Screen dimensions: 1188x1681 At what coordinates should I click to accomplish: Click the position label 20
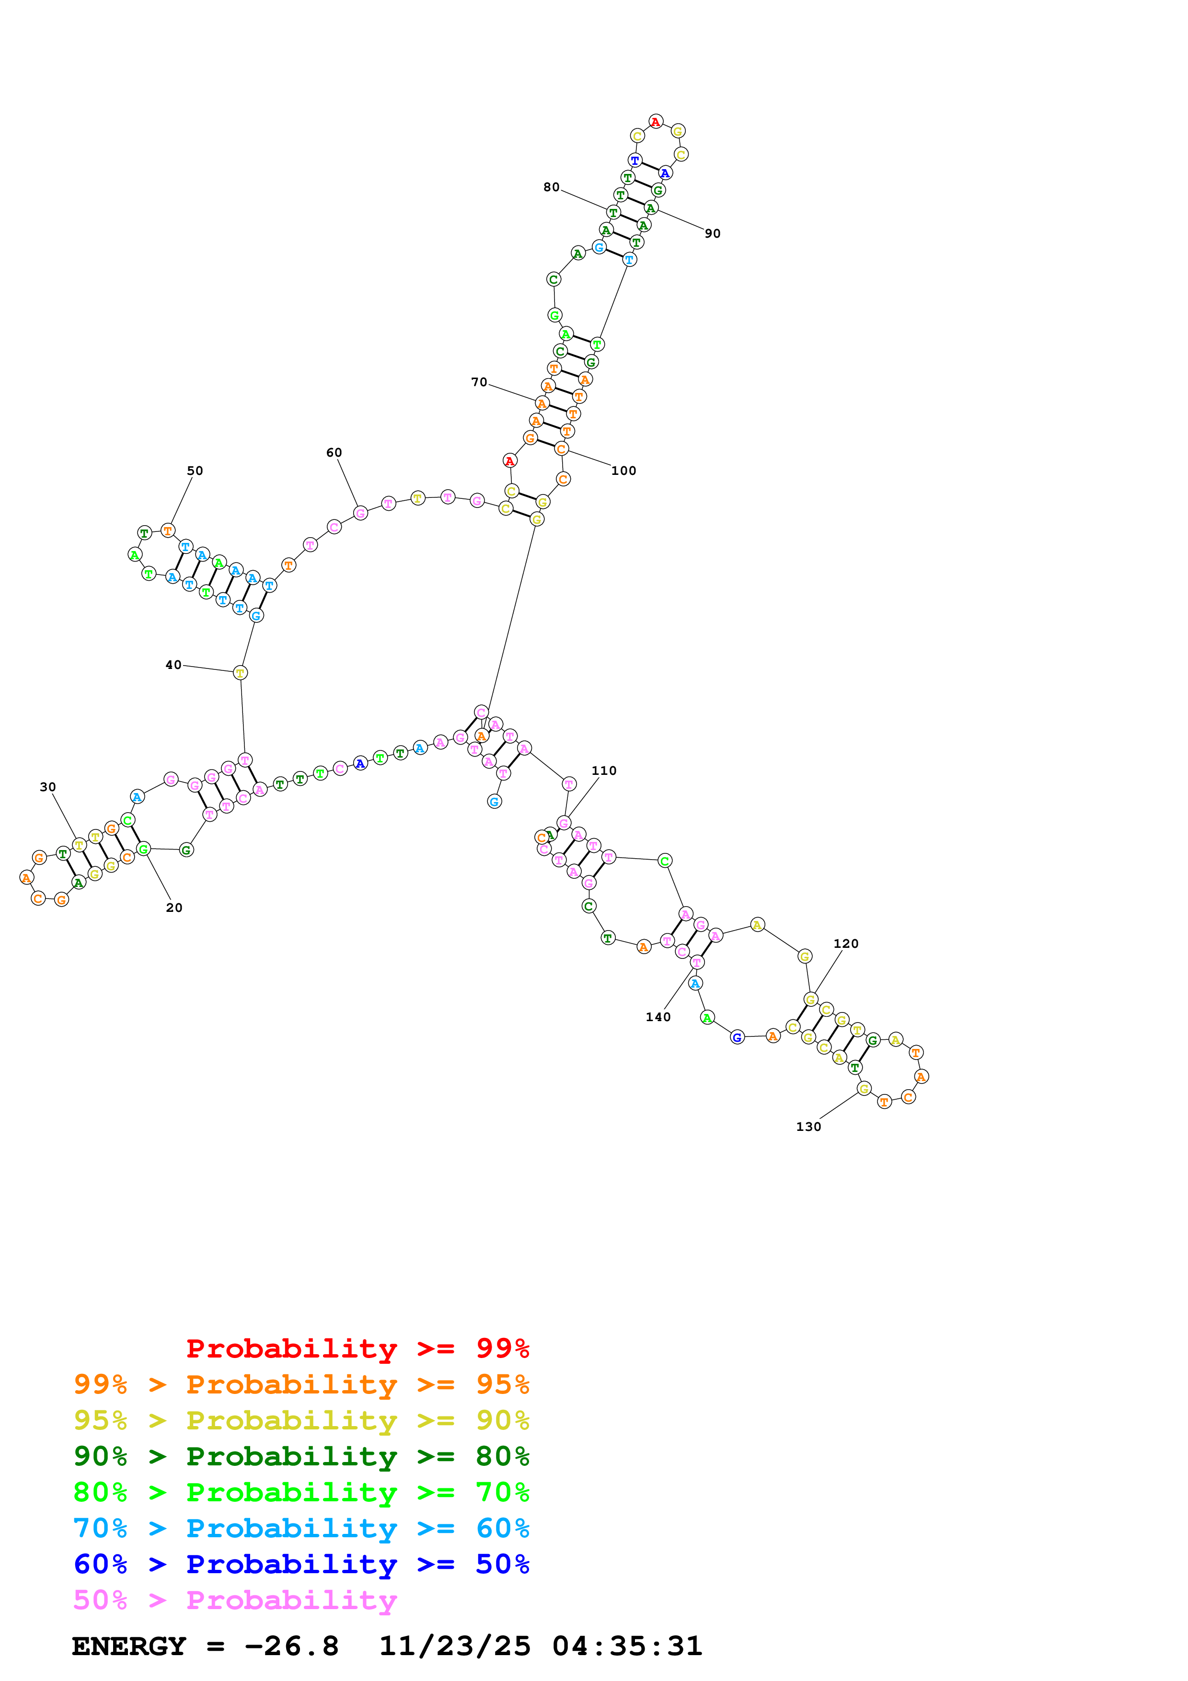(174, 908)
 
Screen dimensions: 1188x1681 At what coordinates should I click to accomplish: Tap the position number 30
(47, 787)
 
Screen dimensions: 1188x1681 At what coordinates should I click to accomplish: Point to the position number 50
(195, 471)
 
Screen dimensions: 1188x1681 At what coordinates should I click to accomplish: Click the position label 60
(334, 452)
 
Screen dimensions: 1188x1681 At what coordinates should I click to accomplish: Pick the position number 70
(479, 382)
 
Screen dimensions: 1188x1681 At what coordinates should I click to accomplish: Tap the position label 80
(551, 187)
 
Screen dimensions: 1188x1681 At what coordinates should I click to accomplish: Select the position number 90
(712, 233)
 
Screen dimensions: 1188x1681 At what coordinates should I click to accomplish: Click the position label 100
(623, 471)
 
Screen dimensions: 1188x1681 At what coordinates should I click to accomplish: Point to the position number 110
(604, 771)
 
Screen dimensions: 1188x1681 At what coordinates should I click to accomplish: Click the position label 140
(658, 1017)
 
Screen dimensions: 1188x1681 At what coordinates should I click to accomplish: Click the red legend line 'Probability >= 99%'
(357, 1348)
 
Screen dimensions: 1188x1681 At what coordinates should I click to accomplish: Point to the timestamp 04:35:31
(627, 1646)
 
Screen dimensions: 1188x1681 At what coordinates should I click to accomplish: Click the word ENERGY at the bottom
(129, 1646)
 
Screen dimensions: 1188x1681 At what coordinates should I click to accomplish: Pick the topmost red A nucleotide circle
(656, 122)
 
